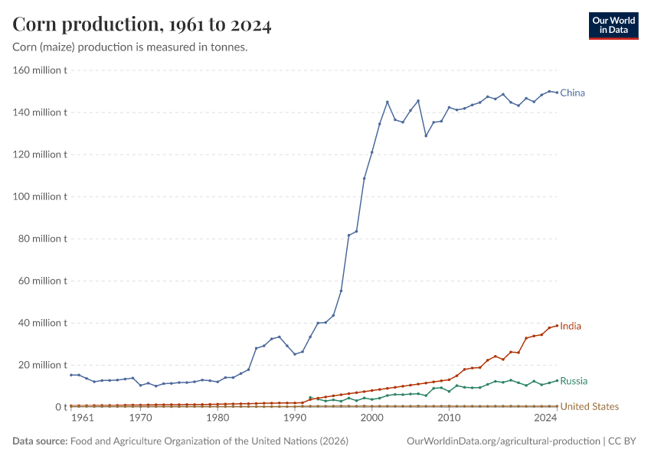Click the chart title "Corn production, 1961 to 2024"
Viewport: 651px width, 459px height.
pyautogui.click(x=142, y=25)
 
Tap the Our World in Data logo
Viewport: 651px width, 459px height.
pyautogui.click(x=613, y=25)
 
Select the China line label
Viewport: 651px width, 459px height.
pyautogui.click(x=572, y=93)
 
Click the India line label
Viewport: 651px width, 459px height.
pyautogui.click(x=570, y=326)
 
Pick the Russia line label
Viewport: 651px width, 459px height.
pyautogui.click(x=574, y=381)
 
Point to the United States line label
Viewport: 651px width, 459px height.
pyautogui.click(x=589, y=406)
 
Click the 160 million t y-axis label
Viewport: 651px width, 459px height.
pyautogui.click(x=41, y=70)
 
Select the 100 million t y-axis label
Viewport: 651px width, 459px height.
pyautogui.click(x=41, y=197)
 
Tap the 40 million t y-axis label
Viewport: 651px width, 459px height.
pyautogui.click(x=44, y=323)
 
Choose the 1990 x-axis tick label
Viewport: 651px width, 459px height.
pyautogui.click(x=295, y=418)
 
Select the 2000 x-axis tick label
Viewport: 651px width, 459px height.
pyautogui.click(x=371, y=418)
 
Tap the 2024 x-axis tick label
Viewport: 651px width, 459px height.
pyautogui.click(x=545, y=418)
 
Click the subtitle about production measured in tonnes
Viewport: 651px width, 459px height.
pyautogui.click(x=129, y=47)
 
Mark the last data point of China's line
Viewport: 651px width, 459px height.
pyautogui.click(x=557, y=93)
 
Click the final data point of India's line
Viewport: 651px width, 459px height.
pyautogui.click(x=557, y=325)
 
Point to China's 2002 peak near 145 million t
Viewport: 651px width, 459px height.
pyautogui.click(x=388, y=102)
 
